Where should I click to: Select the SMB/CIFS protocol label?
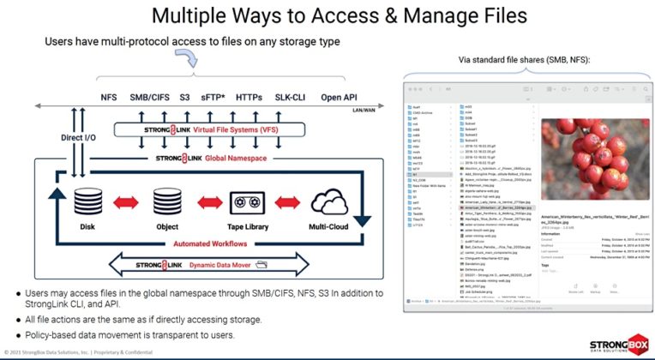(151, 98)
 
